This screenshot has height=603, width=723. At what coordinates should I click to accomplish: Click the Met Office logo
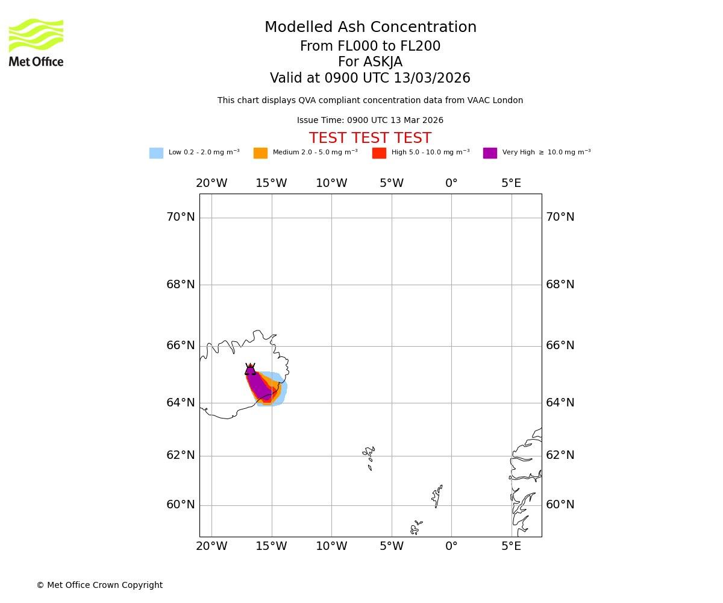coord(36,42)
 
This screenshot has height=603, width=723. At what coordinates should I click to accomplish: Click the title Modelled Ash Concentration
coord(370,28)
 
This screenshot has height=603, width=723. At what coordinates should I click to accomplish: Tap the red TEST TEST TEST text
coord(370,138)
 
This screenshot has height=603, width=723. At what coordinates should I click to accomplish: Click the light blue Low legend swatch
coord(156,153)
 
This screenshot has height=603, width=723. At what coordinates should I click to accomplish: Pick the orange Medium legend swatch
coord(260,153)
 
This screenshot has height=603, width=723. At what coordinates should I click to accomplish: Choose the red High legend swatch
coord(379,153)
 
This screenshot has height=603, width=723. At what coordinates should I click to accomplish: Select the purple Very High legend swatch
coord(490,153)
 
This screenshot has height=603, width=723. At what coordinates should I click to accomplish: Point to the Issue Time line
coord(370,121)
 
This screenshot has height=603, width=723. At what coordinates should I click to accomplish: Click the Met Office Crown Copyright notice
coord(99,585)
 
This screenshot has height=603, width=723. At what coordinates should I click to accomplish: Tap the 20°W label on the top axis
coord(211,183)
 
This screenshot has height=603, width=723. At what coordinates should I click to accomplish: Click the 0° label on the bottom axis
coord(451,546)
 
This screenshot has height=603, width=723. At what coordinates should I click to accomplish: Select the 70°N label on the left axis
coord(180,217)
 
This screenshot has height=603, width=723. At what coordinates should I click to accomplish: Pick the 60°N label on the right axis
coord(560,505)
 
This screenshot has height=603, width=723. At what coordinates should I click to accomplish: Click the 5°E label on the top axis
coord(511,183)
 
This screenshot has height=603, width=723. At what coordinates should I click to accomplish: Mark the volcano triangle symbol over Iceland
coord(250,369)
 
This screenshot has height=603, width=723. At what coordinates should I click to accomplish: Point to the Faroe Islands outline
coord(369,455)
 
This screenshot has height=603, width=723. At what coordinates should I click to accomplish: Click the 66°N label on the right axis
coord(560,346)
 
